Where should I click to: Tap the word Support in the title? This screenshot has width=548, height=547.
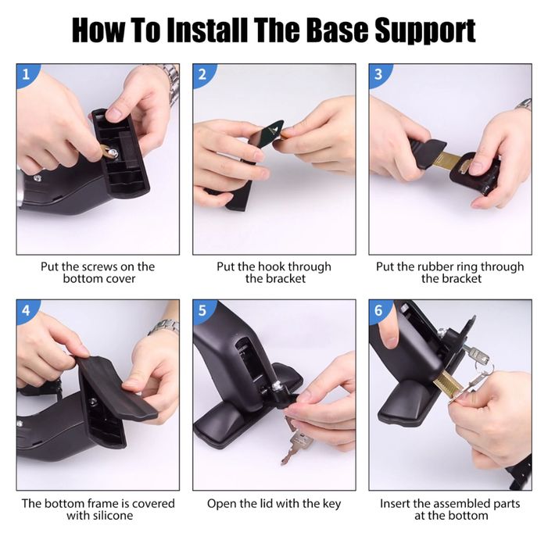pyautogui.click(x=425, y=31)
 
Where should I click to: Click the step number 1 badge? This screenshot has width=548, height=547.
pyautogui.click(x=27, y=74)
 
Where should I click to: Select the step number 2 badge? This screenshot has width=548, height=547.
pyautogui.click(x=203, y=74)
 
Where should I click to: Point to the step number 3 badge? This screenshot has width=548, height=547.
pyautogui.click(x=379, y=74)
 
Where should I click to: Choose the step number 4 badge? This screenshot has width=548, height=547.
pyautogui.click(x=27, y=310)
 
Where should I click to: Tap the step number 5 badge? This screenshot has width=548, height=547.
pyautogui.click(x=203, y=310)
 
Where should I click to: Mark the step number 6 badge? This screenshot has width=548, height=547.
pyautogui.click(x=379, y=310)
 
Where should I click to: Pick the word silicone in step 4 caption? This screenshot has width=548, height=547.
pyautogui.click(x=112, y=516)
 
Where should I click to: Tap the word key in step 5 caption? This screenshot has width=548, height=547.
pyautogui.click(x=331, y=504)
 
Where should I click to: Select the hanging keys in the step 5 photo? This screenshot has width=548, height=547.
pyautogui.click(x=296, y=441)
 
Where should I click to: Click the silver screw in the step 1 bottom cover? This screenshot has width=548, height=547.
pyautogui.click(x=113, y=152)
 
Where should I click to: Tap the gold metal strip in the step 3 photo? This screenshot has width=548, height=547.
pyautogui.click(x=451, y=162)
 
